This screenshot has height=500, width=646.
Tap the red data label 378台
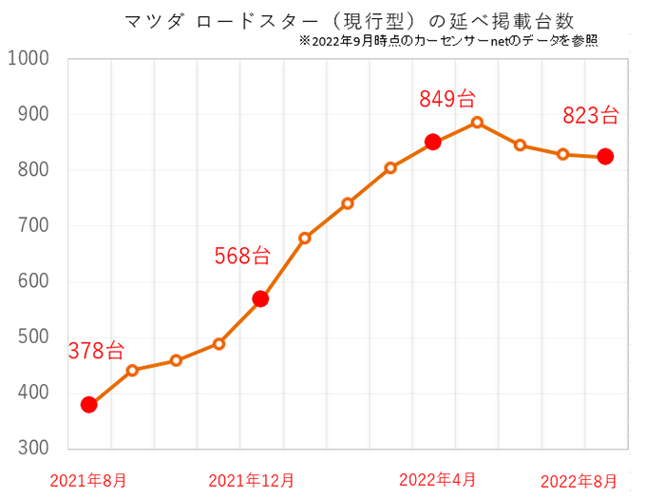tap(95, 350)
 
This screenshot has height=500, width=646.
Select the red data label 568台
tap(241, 255)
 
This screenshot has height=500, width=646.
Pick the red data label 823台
tap(591, 116)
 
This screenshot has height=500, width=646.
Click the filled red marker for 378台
tap(89, 404)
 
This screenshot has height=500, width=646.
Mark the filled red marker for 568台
tap(261, 298)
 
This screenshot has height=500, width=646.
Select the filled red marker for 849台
tap(433, 142)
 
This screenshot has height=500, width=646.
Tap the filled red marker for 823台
tap(605, 157)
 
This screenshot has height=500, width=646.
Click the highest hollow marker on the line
tap(477, 122)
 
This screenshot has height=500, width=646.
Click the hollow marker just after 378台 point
tap(133, 370)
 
